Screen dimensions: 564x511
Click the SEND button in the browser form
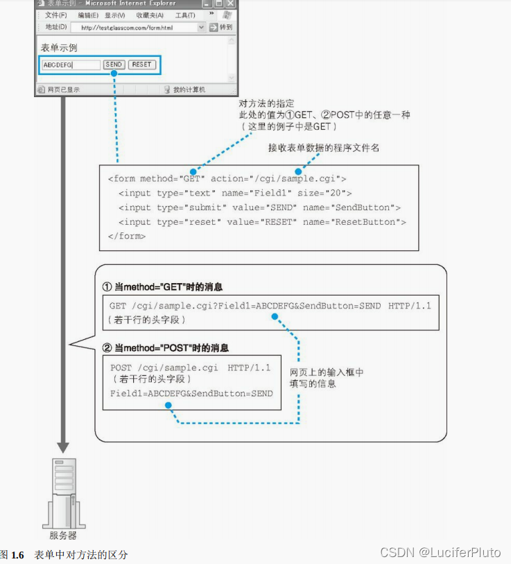(114, 65)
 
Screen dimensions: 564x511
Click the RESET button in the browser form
(141, 65)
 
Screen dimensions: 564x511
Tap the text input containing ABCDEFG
(70, 65)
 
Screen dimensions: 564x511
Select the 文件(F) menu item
(56, 15)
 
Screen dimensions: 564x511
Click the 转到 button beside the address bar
(222, 28)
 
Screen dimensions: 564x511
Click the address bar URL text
(127, 28)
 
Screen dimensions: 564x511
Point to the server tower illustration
(64, 492)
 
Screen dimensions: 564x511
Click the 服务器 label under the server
(63, 535)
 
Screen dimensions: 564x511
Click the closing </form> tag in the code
(127, 236)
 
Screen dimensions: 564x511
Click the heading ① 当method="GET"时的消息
(163, 287)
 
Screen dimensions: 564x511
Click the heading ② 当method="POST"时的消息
(166, 348)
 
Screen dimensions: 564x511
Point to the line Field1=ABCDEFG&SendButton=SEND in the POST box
(191, 393)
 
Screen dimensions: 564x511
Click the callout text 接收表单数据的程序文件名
(324, 148)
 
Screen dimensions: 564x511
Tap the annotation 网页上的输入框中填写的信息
(326, 378)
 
